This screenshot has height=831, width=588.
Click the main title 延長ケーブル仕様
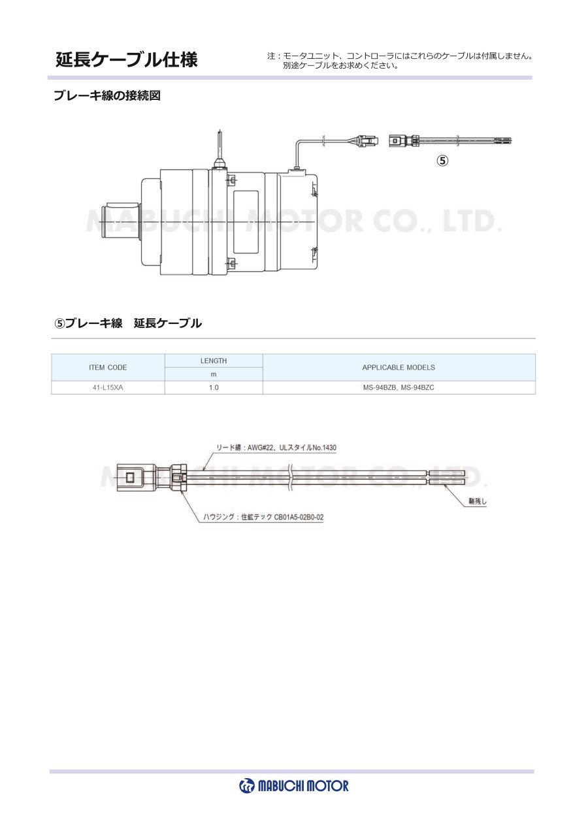(127, 59)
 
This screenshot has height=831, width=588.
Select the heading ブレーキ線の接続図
(107, 96)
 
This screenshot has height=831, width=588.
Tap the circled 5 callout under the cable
(442, 161)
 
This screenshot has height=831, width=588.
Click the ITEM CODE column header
(108, 367)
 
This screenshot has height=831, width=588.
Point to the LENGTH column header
(214, 361)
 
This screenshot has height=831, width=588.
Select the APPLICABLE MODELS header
(399, 367)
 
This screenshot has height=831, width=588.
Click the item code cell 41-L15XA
(108, 387)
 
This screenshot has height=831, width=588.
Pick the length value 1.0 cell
(214, 387)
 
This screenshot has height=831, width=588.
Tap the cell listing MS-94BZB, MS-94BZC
(399, 387)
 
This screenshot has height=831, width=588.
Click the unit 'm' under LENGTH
(214, 374)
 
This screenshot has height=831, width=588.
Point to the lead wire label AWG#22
(276, 448)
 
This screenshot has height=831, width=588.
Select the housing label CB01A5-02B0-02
(263, 517)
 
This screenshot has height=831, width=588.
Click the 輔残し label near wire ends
(478, 501)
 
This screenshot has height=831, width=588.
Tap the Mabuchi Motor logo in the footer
(294, 786)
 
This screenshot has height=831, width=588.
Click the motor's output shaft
(122, 221)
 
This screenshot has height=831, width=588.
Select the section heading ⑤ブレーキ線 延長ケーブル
(128, 323)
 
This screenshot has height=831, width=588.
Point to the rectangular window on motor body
(245, 222)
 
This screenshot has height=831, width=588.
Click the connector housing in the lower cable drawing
(152, 478)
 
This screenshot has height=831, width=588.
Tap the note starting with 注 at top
(400, 61)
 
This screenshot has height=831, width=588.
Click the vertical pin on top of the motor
(220, 148)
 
